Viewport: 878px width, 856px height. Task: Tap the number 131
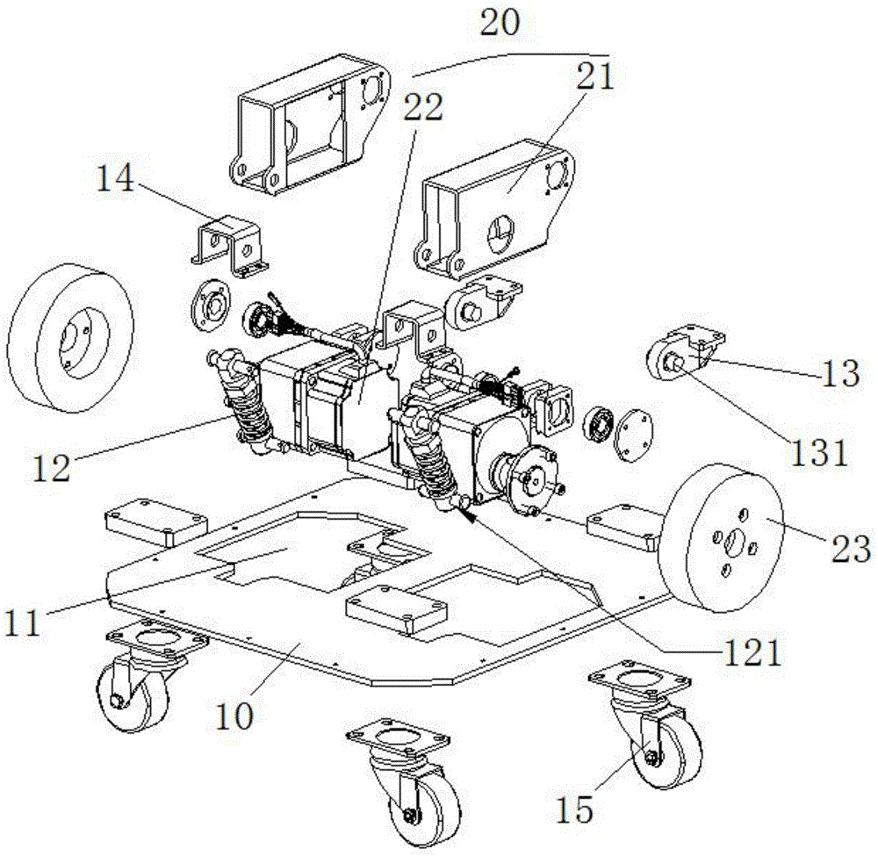click(827, 454)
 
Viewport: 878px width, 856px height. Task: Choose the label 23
click(848, 550)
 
